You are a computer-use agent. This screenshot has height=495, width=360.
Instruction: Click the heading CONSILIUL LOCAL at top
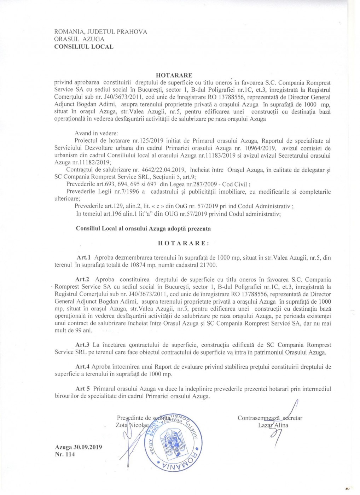point(84,47)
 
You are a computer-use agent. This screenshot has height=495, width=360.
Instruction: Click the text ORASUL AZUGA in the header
point(79,39)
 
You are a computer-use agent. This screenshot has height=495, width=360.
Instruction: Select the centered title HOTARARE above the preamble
point(174,75)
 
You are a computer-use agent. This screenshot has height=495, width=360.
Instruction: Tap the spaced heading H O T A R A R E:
point(183,243)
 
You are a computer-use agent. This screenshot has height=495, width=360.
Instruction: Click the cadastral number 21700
point(209,265)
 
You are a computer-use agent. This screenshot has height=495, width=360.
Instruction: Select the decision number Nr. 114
point(65,454)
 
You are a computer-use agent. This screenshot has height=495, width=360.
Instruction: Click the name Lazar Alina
point(273,425)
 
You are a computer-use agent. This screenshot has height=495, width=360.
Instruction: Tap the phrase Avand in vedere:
point(96,134)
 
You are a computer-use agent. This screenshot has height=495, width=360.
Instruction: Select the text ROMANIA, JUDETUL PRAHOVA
point(101,32)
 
